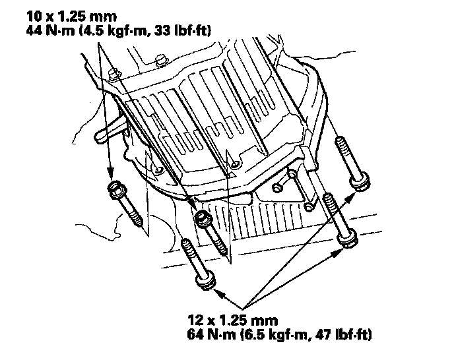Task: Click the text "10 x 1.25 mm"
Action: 71,16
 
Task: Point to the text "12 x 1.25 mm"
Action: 233,320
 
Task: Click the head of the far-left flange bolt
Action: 116,189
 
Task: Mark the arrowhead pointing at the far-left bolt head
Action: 110,173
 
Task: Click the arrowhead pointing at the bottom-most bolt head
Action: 220,293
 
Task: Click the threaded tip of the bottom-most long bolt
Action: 187,247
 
